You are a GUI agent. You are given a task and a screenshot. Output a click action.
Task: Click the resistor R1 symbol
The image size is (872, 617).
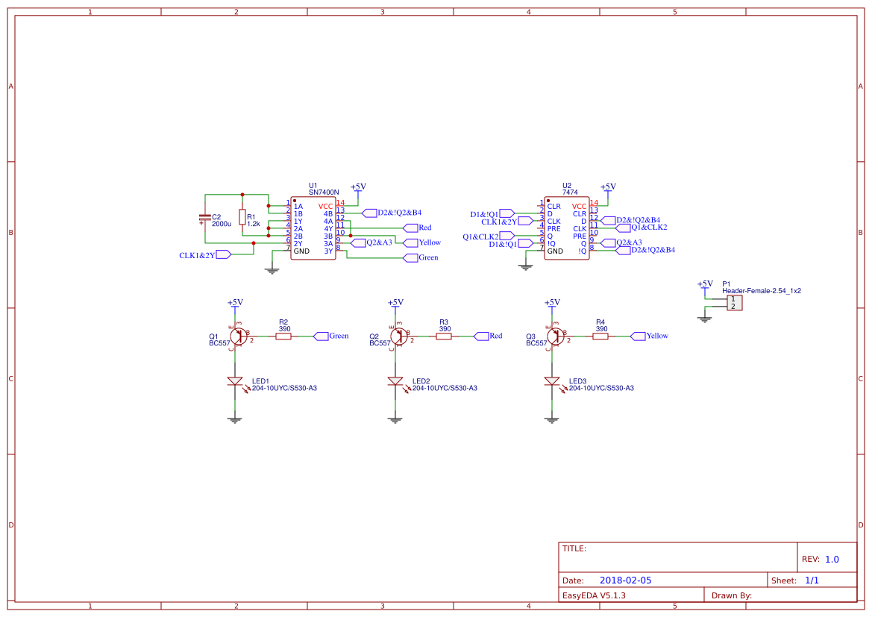[242, 217]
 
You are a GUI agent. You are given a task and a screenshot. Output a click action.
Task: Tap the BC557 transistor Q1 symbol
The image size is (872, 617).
[238, 336]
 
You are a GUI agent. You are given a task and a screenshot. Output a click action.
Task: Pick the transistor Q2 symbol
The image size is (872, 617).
[398, 336]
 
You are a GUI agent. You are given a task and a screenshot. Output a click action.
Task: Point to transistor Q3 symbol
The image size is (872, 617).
[555, 336]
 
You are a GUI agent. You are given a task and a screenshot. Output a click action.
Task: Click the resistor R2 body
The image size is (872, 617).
[283, 336]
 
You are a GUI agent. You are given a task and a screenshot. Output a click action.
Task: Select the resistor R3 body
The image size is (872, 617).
[444, 336]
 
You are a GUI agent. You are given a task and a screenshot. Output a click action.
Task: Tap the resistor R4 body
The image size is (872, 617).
[600, 336]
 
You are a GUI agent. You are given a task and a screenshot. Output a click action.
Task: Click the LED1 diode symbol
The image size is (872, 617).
[235, 381]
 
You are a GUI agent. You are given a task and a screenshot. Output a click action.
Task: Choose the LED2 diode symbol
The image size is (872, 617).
[395, 381]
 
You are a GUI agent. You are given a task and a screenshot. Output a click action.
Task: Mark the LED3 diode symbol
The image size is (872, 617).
[552, 381]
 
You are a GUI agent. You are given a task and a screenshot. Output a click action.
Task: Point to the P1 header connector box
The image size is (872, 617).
[734, 303]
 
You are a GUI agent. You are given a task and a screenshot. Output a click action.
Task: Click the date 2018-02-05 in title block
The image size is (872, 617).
[625, 580]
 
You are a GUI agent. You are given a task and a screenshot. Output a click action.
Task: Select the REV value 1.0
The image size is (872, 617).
[832, 559]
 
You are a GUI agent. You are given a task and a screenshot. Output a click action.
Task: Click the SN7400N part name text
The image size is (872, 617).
[324, 192]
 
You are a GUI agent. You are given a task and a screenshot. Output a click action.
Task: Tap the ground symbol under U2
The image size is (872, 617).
[526, 267]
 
